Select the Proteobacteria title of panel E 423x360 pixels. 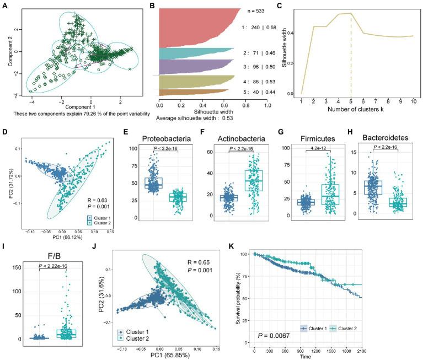point(177,133)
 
